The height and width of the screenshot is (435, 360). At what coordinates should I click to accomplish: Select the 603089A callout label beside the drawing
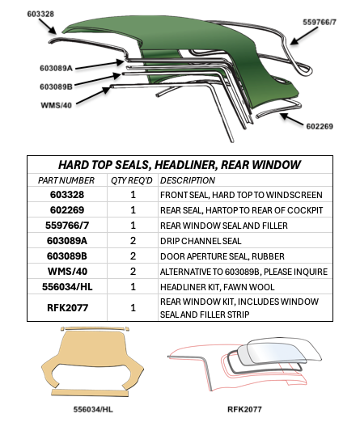click(x=57, y=69)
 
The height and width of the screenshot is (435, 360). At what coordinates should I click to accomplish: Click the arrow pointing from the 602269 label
click(x=293, y=119)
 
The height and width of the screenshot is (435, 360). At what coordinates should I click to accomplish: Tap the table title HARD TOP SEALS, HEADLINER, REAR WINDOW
click(x=180, y=164)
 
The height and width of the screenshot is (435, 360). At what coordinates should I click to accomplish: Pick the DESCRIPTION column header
click(x=188, y=179)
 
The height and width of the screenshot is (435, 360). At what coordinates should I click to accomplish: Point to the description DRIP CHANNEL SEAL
click(x=202, y=240)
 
